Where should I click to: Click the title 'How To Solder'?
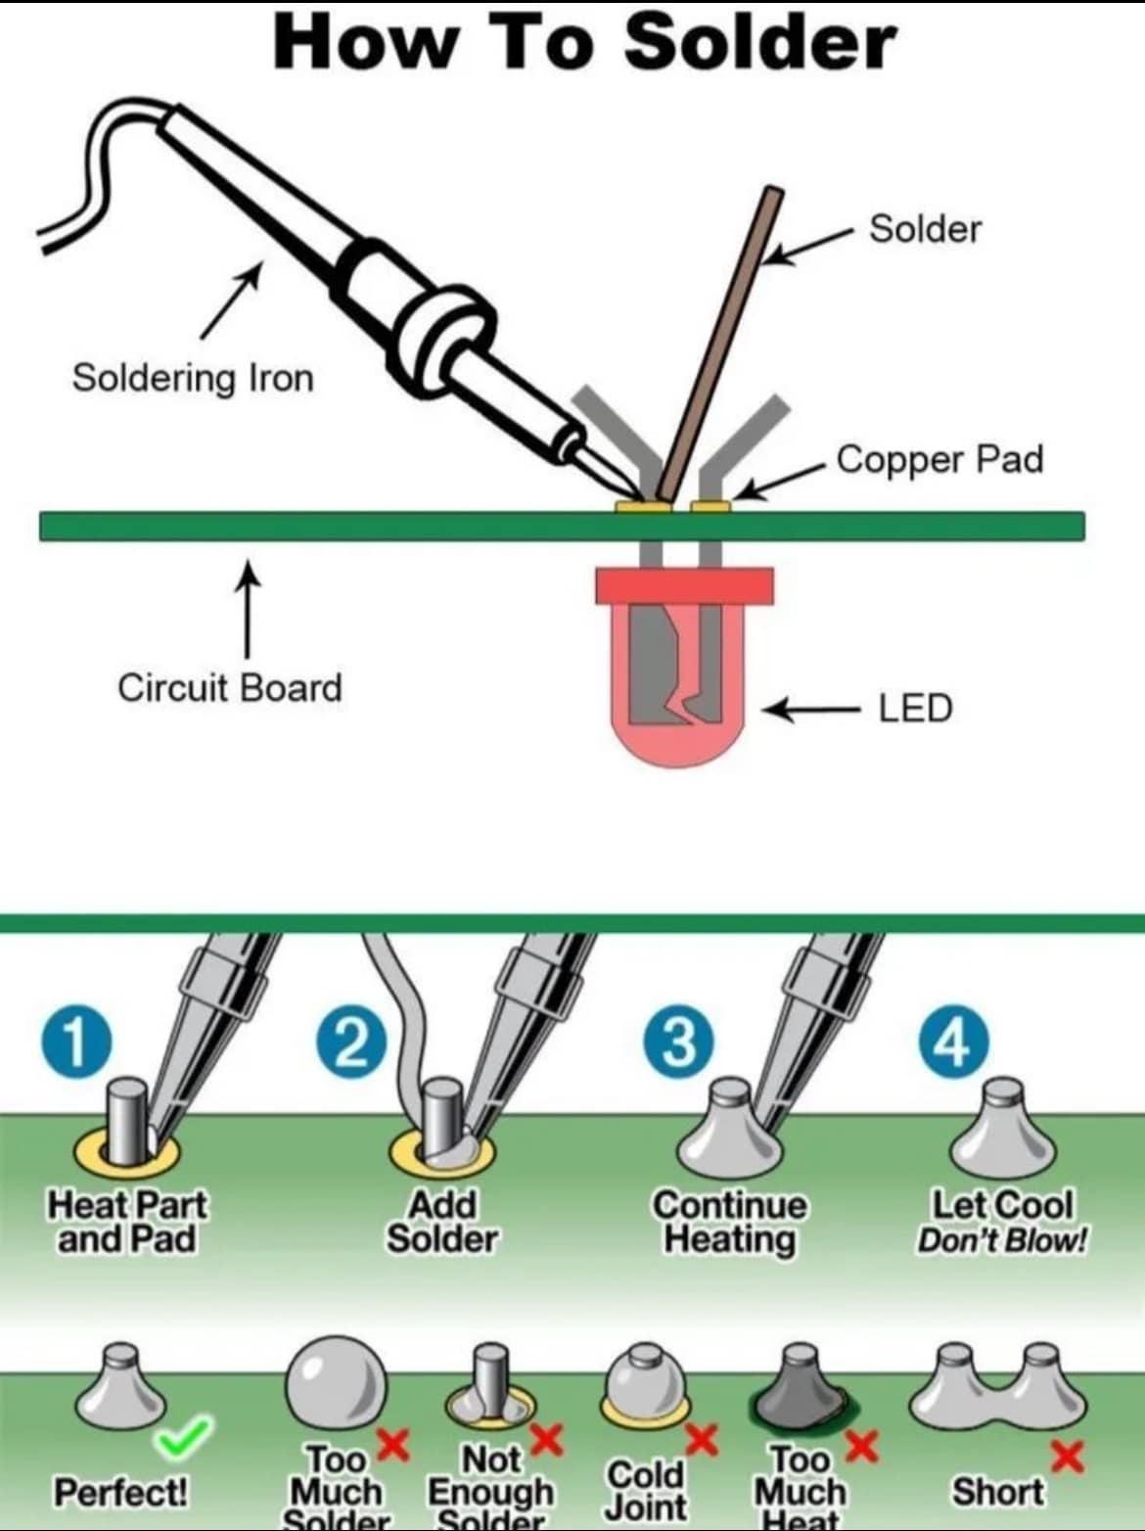point(584,42)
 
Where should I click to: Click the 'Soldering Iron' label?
point(193,378)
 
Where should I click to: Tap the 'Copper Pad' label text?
point(939,459)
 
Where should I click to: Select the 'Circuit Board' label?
point(230,687)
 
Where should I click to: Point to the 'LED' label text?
point(915,708)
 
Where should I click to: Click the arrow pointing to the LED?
point(808,708)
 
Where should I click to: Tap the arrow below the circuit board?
point(248,607)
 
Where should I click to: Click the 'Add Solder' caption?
point(442,1222)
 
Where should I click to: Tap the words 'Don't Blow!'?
point(1001,1241)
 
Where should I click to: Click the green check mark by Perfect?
point(183,1436)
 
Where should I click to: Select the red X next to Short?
point(1066,1457)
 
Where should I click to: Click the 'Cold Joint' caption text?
point(645,1490)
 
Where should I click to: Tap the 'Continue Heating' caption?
point(730,1222)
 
